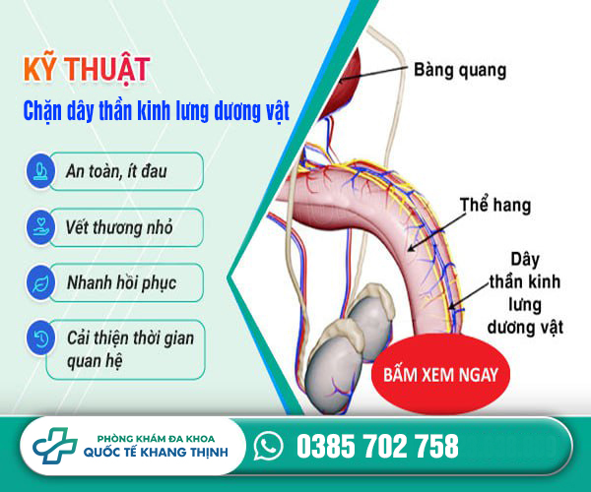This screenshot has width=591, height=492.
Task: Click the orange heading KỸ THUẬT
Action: pos(87,69)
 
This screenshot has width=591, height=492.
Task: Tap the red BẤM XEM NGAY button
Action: pos(440,374)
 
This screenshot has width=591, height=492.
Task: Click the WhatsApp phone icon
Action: pos(268,446)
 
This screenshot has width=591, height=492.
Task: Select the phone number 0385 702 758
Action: pos(377,446)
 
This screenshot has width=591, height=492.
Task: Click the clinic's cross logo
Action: pos(55,446)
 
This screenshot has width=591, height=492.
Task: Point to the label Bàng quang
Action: pos(460,71)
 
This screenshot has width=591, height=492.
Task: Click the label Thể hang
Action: pos(495,205)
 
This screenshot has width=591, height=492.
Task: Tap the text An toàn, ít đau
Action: pos(116,171)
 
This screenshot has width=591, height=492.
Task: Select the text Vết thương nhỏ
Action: pos(119,227)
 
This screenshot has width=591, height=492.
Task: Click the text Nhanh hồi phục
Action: pos(121,283)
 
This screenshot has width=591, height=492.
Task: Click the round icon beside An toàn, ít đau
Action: pos(40,170)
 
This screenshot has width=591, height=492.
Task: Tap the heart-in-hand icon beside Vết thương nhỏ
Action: pos(40,227)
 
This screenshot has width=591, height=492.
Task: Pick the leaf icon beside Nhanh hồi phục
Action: pos(40,282)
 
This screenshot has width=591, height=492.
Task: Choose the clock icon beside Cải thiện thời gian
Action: pos(40,338)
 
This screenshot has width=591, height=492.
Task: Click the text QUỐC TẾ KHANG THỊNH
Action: pos(156,452)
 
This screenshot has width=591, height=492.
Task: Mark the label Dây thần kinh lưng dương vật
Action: pos(525,293)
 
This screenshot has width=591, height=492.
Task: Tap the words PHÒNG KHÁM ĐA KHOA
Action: pos(156,439)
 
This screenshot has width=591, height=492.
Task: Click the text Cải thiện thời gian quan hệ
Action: pos(130,349)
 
